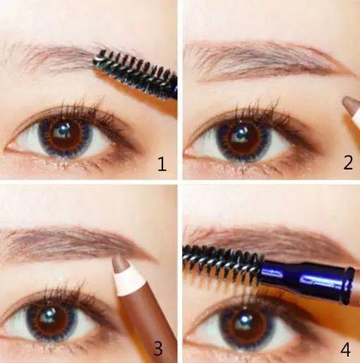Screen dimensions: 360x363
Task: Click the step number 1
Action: (x=162, y=164)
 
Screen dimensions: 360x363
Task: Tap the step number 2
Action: (x=348, y=162)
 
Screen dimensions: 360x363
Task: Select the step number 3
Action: (x=158, y=348)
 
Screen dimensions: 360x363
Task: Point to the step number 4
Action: (x=345, y=349)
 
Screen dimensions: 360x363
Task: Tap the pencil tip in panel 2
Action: (x=349, y=103)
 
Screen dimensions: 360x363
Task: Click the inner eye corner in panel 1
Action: (x=8, y=149)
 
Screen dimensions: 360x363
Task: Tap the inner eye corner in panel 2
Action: (x=188, y=150)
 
